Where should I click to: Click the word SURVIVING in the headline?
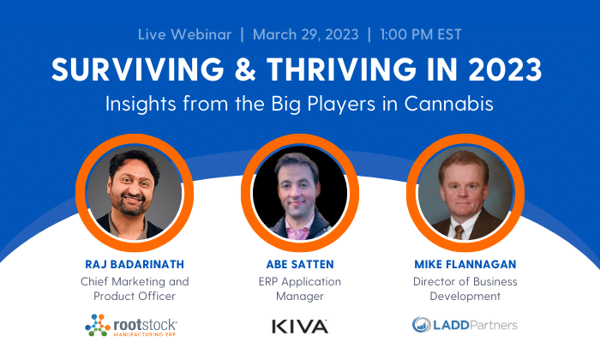point(138,69)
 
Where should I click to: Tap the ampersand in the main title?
point(245,69)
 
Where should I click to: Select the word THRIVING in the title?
point(341,69)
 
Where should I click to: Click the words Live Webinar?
point(185,34)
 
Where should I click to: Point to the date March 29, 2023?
point(306,34)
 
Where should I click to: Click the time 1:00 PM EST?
point(421,34)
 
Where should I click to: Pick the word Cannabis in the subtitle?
point(449,104)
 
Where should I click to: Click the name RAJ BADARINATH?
point(135,264)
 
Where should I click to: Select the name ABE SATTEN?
point(300,264)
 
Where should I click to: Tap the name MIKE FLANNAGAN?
point(465,264)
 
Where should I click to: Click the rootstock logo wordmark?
point(145,326)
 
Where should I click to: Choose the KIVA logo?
point(300,327)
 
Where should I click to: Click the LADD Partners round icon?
point(422,325)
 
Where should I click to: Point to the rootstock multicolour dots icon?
point(98,325)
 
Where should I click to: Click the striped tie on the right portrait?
point(459,231)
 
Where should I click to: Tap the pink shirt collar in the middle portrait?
point(299,231)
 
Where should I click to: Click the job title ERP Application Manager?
point(300,289)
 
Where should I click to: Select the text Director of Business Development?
point(465,289)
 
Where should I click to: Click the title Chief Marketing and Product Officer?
point(135,289)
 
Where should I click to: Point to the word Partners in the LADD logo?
point(494,325)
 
